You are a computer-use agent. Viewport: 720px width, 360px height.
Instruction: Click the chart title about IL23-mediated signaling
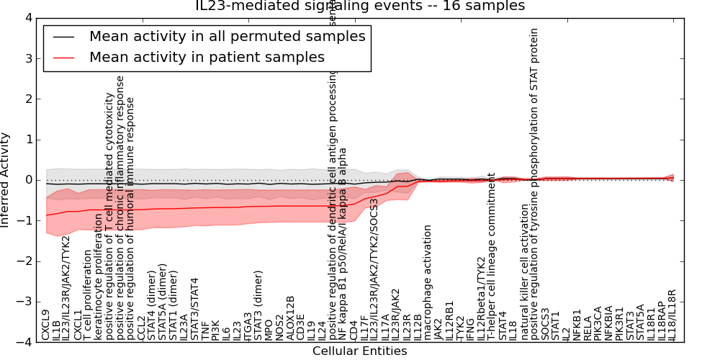[x=360, y=6]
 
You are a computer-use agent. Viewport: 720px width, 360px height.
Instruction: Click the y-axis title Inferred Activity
[x=6, y=180]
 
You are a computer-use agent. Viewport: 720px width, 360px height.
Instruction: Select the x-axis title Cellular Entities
[x=359, y=351]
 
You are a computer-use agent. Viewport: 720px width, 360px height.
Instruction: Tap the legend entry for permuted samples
[x=227, y=36]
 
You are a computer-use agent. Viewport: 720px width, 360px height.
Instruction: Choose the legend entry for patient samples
[x=207, y=58]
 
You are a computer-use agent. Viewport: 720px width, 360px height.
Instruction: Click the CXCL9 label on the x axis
[x=46, y=324]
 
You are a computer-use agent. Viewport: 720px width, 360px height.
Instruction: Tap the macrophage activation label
[x=428, y=282]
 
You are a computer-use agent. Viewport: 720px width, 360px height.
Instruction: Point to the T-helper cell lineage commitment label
[x=492, y=256]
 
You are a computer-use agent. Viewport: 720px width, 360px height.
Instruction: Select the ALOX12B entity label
[x=290, y=318]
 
